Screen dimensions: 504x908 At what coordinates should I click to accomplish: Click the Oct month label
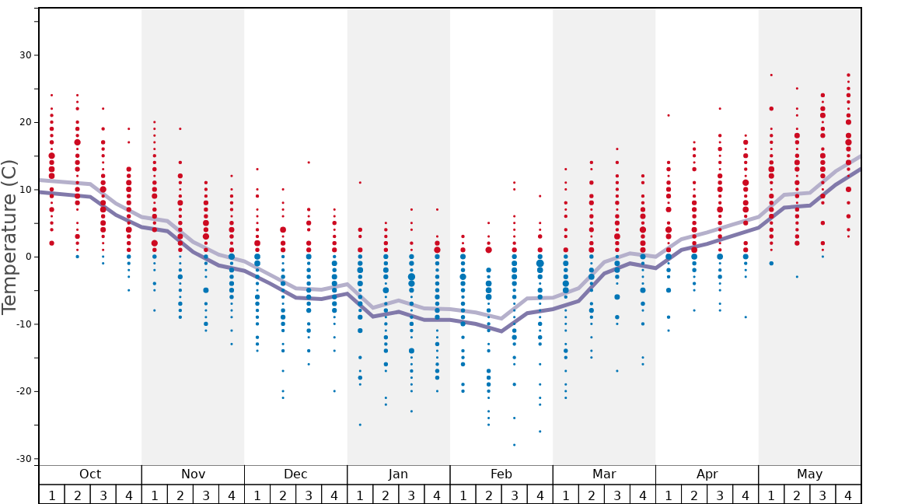pyautogui.click(x=90, y=474)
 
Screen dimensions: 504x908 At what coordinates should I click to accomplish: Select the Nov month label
pyautogui.click(x=193, y=474)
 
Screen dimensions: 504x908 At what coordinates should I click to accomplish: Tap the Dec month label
pyautogui.click(x=295, y=474)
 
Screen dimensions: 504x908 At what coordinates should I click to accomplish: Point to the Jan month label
pyautogui.click(x=398, y=474)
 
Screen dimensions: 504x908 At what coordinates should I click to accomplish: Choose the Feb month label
pyautogui.click(x=501, y=474)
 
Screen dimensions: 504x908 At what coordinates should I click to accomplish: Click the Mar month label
pyautogui.click(x=604, y=474)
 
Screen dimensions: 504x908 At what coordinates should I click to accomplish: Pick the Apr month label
pyautogui.click(x=707, y=474)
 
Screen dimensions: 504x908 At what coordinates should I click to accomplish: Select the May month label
pyautogui.click(x=809, y=474)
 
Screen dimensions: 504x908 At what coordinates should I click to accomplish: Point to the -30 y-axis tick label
pyautogui.click(x=23, y=459)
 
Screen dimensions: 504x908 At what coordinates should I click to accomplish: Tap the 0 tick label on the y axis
pyautogui.click(x=28, y=257)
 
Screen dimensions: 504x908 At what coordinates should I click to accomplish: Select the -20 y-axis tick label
pyautogui.click(x=23, y=391)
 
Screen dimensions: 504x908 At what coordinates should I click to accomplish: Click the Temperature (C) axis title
pyautogui.click(x=9, y=236)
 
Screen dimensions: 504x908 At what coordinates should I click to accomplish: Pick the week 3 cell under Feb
pyautogui.click(x=514, y=495)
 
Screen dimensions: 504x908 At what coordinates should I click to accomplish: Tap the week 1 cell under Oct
pyautogui.click(x=52, y=495)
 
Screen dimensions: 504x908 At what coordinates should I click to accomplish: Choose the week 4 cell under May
pyautogui.click(x=848, y=495)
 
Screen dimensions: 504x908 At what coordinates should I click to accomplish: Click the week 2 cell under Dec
pyautogui.click(x=283, y=495)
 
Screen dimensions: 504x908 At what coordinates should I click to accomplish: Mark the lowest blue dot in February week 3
pyautogui.click(x=514, y=445)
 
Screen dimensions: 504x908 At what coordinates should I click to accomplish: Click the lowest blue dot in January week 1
pyautogui.click(x=360, y=425)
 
